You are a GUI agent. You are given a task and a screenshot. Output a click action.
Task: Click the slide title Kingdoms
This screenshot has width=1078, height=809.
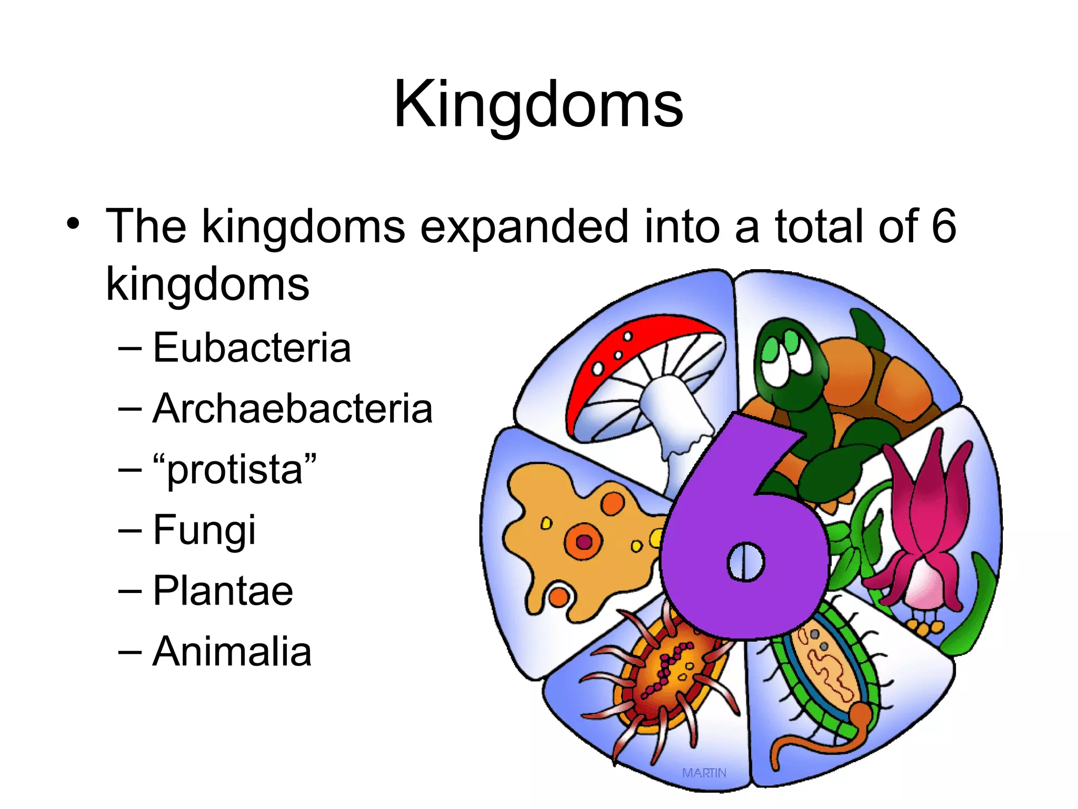(x=538, y=104)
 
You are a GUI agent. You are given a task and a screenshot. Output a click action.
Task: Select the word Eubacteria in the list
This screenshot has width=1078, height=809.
(x=252, y=348)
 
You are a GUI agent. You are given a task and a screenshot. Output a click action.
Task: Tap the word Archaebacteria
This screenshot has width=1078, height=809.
(x=292, y=409)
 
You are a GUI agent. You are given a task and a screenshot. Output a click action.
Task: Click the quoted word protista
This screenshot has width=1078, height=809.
(x=235, y=469)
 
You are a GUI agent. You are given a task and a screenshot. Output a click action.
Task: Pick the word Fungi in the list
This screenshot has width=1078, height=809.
(x=204, y=530)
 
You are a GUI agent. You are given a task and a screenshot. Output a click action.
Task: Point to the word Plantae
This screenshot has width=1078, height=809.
(x=223, y=591)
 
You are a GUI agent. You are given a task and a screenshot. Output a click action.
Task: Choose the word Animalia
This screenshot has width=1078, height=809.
(x=232, y=652)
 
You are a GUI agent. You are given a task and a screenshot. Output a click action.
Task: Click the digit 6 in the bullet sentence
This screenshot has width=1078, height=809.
(x=944, y=226)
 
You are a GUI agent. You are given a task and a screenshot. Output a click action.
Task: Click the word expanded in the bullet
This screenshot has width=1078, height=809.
(x=524, y=226)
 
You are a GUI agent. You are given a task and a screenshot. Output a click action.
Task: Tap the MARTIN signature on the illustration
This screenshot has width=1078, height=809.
(x=704, y=773)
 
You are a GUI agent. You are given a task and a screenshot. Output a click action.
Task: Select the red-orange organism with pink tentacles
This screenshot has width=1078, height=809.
(x=666, y=674)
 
